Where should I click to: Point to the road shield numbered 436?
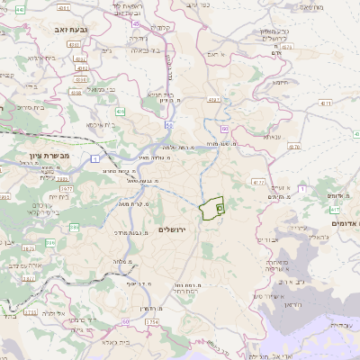(120, 111)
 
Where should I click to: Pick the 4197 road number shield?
(213, 98)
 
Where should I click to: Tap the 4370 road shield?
(258, 181)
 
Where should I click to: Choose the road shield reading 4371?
(322, 104)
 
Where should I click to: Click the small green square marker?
(220, 207)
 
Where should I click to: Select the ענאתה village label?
(270, 136)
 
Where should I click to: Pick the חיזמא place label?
(279, 82)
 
